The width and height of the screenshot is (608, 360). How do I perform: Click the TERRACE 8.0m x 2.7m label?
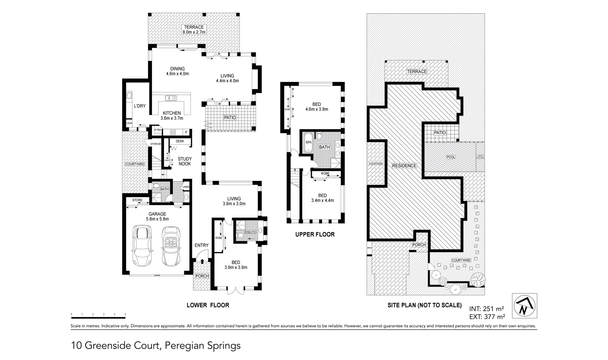(x=194, y=30)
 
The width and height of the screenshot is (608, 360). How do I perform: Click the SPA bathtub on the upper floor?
(x=308, y=142)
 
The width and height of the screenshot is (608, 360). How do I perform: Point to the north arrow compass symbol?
(x=524, y=306)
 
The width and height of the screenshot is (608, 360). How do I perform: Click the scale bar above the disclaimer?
(x=98, y=317)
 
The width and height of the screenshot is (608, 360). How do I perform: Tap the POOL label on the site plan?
(x=451, y=157)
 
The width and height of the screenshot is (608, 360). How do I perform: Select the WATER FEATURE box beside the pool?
(x=480, y=156)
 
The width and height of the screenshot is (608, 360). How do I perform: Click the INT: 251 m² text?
(x=486, y=309)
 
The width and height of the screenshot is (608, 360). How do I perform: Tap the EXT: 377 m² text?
(x=487, y=316)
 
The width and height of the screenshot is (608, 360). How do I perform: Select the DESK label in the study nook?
(x=180, y=141)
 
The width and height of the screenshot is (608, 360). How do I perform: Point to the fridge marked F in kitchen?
(x=186, y=132)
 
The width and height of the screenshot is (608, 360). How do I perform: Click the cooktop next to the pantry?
(x=173, y=132)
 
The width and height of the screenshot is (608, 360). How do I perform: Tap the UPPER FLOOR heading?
(x=315, y=234)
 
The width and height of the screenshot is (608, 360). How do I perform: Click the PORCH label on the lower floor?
(x=202, y=276)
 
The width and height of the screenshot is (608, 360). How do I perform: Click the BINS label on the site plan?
(x=369, y=248)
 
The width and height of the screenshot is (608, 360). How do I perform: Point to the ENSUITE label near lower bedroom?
(x=250, y=232)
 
